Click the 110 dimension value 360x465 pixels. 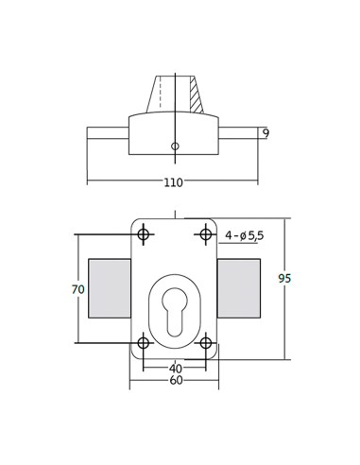point(173,182)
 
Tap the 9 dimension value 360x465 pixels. point(266,133)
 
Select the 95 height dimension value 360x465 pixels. point(284,279)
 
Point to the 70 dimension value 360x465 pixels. point(77,289)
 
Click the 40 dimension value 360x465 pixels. point(176,368)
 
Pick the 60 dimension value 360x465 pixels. point(176,380)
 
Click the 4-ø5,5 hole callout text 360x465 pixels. point(245,235)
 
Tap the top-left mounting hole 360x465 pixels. point(144,234)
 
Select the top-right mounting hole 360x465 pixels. point(206,234)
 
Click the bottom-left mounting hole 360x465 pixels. point(144,343)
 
